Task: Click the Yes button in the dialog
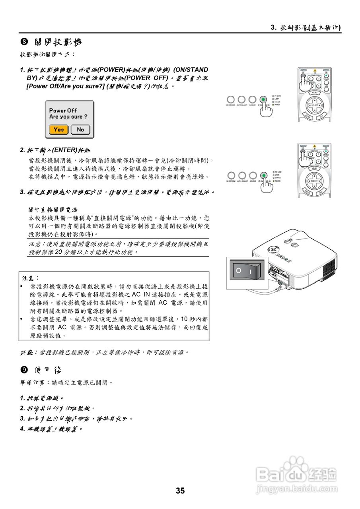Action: [59, 130]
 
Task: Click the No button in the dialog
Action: [80, 130]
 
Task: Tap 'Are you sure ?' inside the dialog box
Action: [68, 117]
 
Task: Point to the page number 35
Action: [180, 491]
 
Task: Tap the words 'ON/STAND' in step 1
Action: [191, 70]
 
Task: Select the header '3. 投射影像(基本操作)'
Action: [306, 27]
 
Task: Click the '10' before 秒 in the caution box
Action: [184, 319]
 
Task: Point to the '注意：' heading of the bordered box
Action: [31, 278]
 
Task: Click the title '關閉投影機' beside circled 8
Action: [58, 42]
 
